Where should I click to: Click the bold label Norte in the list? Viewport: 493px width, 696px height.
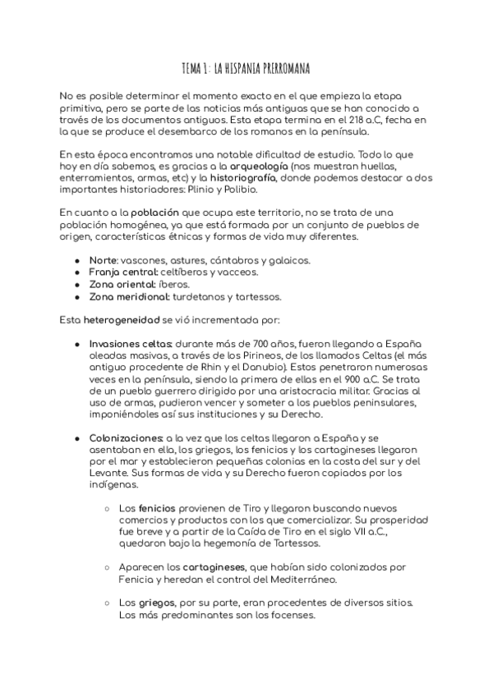(x=104, y=260)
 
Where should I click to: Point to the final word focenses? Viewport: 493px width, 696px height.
(x=290, y=615)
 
